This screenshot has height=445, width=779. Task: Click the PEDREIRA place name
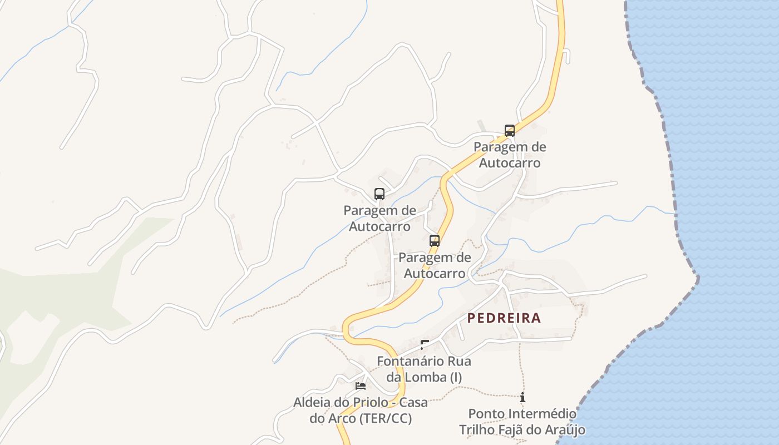(504, 318)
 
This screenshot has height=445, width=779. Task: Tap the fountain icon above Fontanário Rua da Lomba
(425, 345)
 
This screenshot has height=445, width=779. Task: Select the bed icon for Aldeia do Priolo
(361, 385)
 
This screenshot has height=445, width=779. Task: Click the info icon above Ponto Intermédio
(522, 398)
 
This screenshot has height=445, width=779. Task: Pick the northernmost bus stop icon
(510, 131)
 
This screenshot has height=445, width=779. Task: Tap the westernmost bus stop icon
(379, 194)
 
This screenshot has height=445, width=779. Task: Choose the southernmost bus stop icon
(435, 241)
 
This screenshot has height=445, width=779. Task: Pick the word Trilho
(476, 430)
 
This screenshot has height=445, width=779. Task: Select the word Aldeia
(312, 402)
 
